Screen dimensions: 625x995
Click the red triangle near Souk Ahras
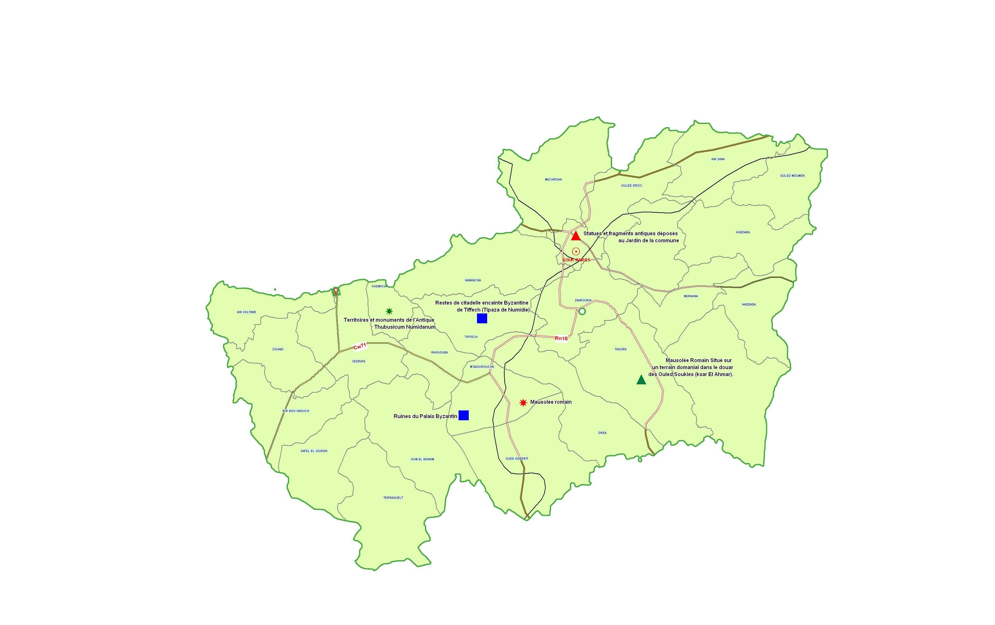pos(576,236)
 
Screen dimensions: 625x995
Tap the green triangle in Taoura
pos(641,380)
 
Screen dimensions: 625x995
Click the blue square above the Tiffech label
pos(482,318)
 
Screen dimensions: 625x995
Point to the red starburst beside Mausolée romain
pos(523,402)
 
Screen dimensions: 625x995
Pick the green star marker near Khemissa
pos(389,311)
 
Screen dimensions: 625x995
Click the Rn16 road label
pos(561,339)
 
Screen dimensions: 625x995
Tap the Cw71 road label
pos(360,347)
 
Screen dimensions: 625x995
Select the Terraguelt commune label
pos(393,498)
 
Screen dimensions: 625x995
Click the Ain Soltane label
pos(246,312)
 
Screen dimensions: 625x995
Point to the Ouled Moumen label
pos(792,176)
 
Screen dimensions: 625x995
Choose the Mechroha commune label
pos(553,179)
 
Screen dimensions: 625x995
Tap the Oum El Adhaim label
pos(422,459)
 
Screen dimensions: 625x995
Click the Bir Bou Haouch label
pos(296,411)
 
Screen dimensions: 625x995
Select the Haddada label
pos(749,305)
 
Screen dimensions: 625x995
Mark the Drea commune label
pos(603,433)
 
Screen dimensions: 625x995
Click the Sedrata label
pos(359,361)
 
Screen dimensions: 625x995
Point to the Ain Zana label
pos(718,159)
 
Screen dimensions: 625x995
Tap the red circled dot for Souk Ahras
pos(576,251)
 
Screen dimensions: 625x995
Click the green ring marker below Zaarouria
pos(582,311)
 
